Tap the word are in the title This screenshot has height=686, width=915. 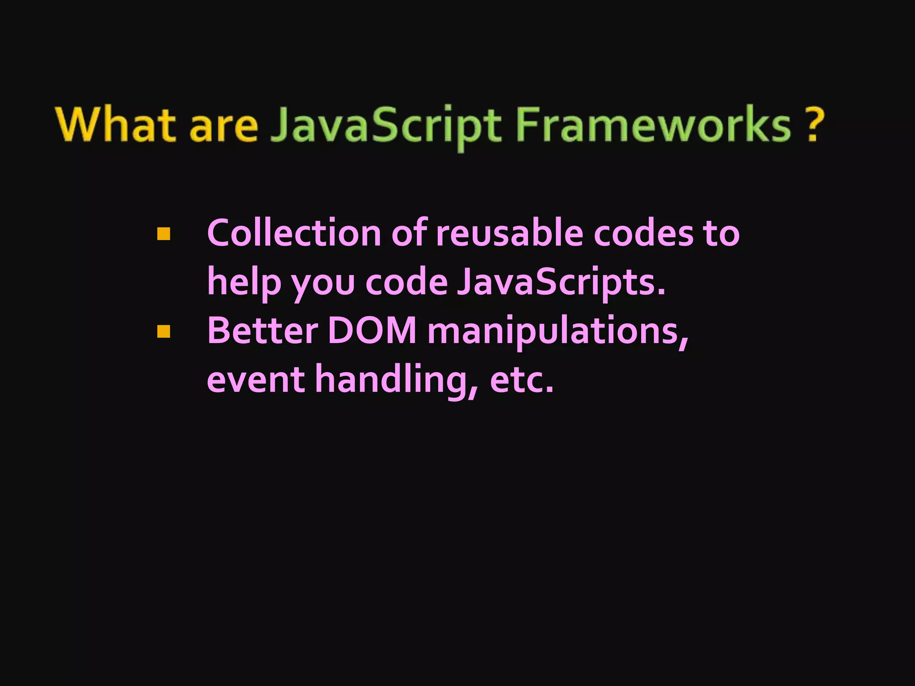[x=224, y=126]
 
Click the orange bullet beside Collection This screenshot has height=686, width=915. [x=164, y=234]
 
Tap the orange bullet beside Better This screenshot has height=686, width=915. [x=164, y=331]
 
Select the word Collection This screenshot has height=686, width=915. [x=294, y=233]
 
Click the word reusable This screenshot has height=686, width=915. [x=510, y=233]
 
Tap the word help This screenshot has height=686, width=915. [x=244, y=283]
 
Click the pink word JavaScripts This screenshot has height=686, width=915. [x=561, y=283]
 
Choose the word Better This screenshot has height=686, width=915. [x=262, y=331]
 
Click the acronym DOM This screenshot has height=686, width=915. [x=372, y=331]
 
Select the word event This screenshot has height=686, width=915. [x=256, y=380]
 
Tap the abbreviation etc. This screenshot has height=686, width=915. [x=522, y=380]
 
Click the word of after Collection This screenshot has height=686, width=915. [x=409, y=233]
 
